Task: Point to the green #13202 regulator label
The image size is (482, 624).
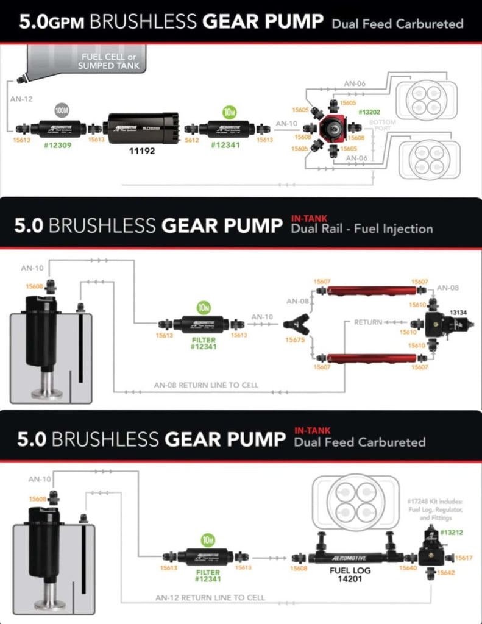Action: click(x=369, y=113)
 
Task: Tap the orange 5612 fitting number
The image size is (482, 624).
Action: click(x=191, y=140)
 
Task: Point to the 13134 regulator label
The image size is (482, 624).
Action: click(x=458, y=312)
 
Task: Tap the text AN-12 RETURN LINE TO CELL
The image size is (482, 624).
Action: click(x=210, y=598)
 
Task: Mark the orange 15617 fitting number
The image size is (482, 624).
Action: click(x=464, y=558)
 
